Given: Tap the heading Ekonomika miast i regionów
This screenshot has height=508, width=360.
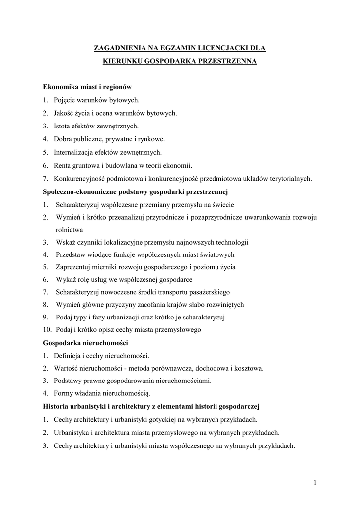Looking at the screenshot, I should [86, 87].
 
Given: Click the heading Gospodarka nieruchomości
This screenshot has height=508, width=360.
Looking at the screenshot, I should [85, 343].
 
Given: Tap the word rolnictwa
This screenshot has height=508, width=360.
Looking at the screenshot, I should [70, 230].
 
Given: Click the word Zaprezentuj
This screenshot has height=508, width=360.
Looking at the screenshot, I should [75, 267].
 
